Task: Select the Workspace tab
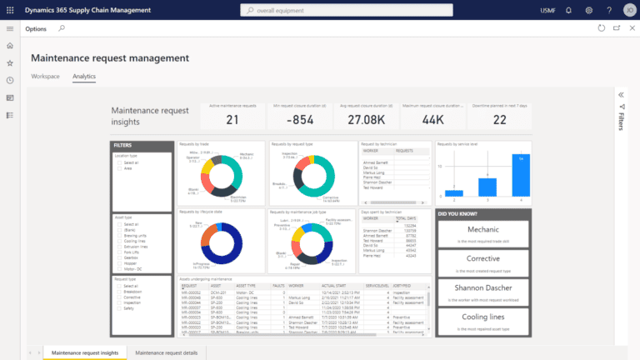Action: point(45,76)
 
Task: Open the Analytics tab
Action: point(84,76)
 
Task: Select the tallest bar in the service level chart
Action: point(521,175)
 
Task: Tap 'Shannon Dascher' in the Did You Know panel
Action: point(483,289)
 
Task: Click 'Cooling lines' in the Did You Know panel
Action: point(483,317)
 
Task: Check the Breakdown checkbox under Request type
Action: point(117,290)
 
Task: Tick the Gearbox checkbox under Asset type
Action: point(117,257)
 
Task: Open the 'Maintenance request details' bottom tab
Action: point(167,353)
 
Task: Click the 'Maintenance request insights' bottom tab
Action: point(84,353)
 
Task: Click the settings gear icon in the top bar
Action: point(588,10)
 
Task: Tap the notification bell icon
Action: point(568,10)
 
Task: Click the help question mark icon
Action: point(608,10)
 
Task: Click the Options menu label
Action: point(36,28)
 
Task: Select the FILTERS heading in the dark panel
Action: point(125,145)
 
